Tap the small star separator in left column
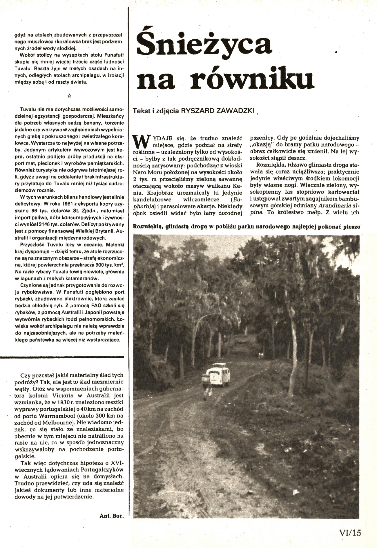(69, 95)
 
